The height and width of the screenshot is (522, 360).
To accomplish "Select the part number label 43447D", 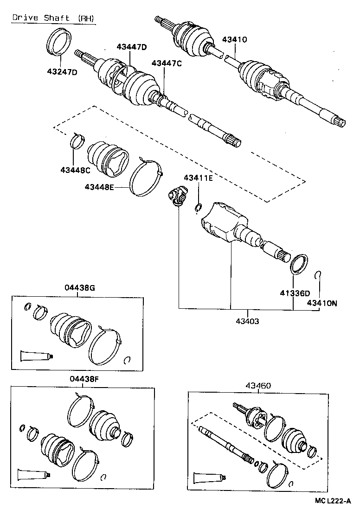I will click(131, 47).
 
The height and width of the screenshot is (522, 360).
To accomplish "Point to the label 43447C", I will click(166, 63).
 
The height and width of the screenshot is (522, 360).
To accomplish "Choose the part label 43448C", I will click(75, 170).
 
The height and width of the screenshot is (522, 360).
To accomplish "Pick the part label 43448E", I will click(100, 187).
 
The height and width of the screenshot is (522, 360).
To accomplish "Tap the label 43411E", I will click(198, 178).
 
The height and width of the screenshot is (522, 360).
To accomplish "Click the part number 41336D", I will click(294, 293).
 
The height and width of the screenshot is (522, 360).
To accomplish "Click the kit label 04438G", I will click(80, 288).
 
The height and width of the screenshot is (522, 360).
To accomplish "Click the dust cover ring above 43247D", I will click(60, 41).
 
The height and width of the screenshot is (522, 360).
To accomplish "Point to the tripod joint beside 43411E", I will click(176, 195).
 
